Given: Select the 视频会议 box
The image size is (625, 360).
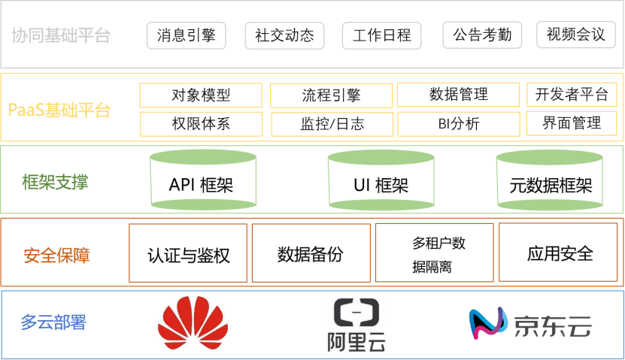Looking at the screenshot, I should point(575,35).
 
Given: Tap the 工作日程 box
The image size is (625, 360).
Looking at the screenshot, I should point(381,35).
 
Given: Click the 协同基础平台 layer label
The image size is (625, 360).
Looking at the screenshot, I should point(61,35).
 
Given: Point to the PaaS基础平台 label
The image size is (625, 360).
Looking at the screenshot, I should point(59,110).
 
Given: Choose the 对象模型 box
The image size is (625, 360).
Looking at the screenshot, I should point(201,95).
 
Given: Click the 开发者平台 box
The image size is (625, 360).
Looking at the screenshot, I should point(572,95).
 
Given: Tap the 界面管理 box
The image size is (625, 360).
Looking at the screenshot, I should point(572,123).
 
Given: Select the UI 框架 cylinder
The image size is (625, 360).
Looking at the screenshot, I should point(381,181).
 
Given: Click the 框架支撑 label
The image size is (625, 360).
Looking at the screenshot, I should point(55,182).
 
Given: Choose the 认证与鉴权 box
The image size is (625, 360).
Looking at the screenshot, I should point(188,253).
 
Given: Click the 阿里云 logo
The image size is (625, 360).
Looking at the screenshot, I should point(356,325).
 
